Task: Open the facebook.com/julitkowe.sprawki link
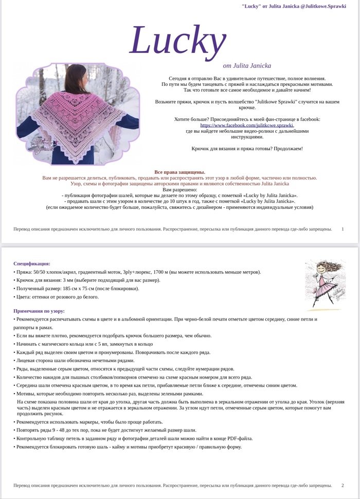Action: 247,125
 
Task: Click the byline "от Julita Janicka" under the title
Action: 247,66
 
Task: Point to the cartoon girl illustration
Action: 324,283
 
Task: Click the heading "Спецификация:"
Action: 32,263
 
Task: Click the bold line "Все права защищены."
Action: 179,172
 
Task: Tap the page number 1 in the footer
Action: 343,229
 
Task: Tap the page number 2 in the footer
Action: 343,485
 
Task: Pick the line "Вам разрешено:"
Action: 179,190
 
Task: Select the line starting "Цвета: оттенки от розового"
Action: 56,297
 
